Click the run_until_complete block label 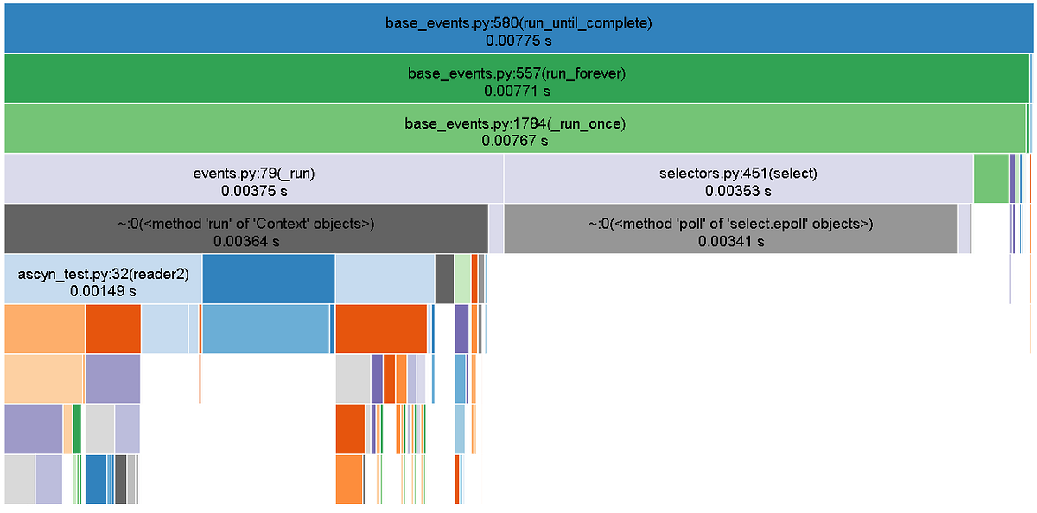click(518, 22)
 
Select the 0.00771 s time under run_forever click(517, 92)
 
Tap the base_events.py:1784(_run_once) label click(515, 123)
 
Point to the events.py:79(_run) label click(254, 174)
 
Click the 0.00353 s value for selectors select click(738, 191)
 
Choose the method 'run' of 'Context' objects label click(245, 224)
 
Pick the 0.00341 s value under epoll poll click(731, 241)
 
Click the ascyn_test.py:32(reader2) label click(103, 275)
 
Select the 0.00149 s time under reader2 click(103, 291)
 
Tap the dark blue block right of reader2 click(269, 278)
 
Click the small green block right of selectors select click(991, 179)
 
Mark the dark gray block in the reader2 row click(444, 278)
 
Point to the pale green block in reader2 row click(462, 278)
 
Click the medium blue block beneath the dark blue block click(266, 329)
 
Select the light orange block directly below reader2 click(45, 329)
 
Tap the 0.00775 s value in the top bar click(518, 41)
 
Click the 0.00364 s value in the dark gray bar click(246, 241)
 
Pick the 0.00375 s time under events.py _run click(254, 191)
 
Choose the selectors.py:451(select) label click(738, 174)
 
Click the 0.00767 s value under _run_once click(515, 140)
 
